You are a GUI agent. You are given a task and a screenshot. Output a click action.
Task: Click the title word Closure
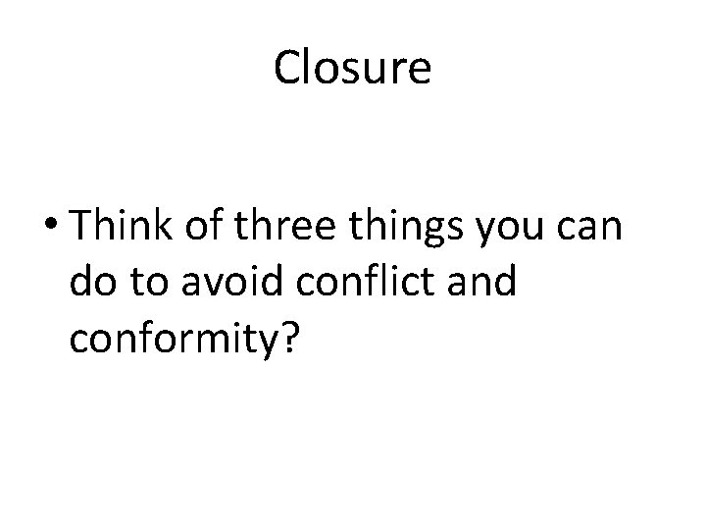(x=352, y=68)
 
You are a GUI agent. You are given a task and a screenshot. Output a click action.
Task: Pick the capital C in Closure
(x=287, y=69)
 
